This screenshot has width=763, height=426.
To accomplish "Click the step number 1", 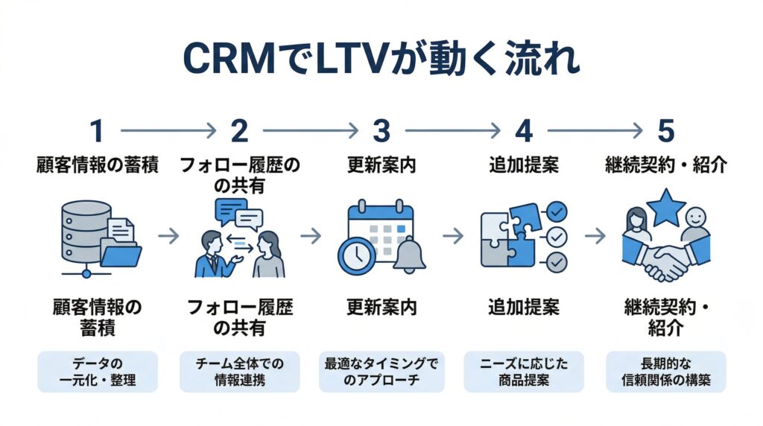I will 97,131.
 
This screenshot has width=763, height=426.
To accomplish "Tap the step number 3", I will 381,131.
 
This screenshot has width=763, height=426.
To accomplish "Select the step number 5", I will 665,131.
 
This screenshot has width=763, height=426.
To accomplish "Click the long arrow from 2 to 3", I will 309,131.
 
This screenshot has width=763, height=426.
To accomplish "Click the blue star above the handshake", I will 665,207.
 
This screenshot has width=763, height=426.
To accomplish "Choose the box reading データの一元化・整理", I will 98,372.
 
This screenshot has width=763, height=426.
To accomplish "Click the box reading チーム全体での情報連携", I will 240,372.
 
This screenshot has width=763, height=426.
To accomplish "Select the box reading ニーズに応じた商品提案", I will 524,372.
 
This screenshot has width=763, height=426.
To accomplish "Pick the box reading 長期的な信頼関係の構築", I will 665,372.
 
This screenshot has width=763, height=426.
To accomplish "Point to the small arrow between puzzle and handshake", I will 595,236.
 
